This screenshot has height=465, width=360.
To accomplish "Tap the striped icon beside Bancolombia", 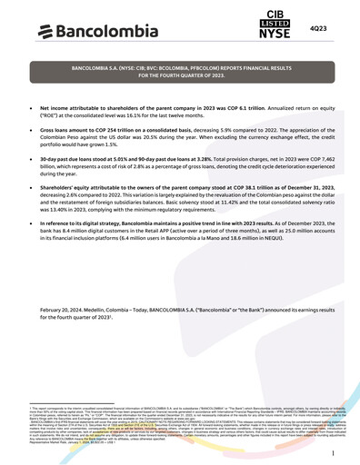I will [49, 33].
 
